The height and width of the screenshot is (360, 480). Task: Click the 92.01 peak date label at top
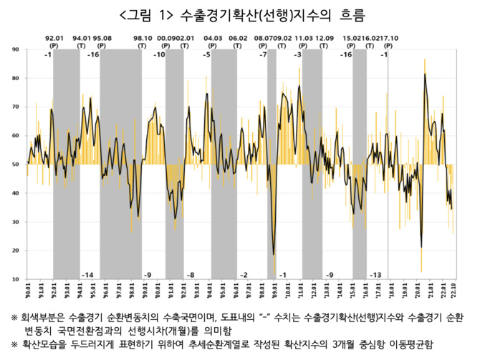click(x=55, y=37)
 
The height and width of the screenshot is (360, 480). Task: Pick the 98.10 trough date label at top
click(x=143, y=37)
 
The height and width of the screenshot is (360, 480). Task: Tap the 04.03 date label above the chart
click(x=213, y=37)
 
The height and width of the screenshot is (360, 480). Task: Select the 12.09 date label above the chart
click(x=324, y=37)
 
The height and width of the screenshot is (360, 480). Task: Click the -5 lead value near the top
click(x=206, y=55)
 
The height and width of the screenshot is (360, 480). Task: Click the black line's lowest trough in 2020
click(x=421, y=248)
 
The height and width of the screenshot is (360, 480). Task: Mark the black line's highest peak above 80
click(x=425, y=74)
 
